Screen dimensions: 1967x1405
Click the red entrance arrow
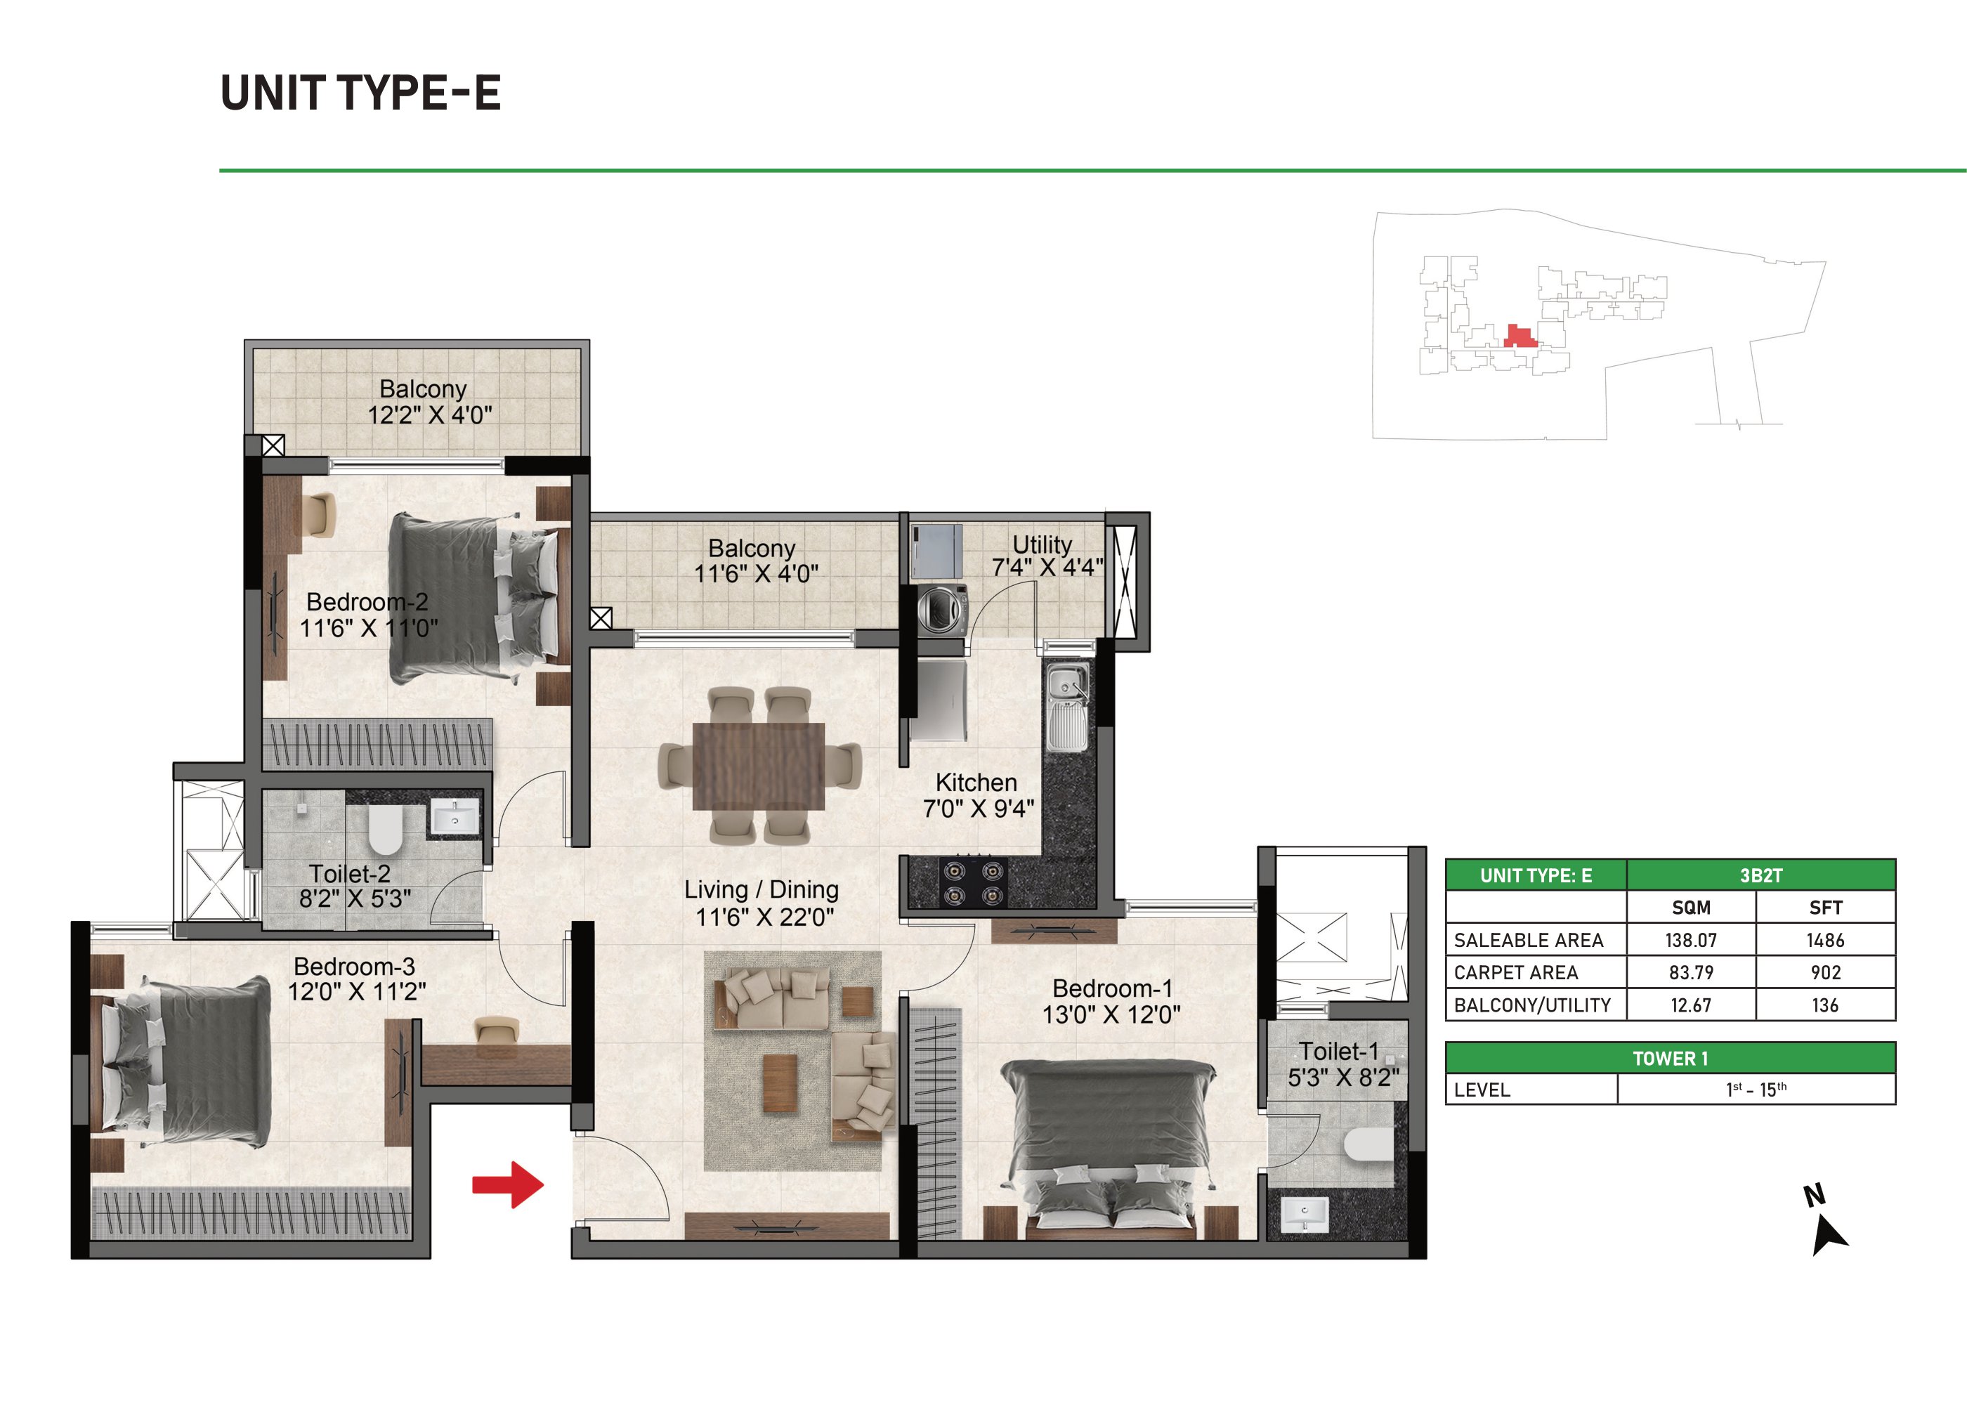508,1184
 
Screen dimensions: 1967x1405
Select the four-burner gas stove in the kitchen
973,882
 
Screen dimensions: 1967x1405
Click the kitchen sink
1067,707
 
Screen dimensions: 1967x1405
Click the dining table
759,766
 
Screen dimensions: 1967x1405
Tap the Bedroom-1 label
1112,988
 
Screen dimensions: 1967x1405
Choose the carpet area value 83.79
1691,972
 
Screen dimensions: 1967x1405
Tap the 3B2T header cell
1760,875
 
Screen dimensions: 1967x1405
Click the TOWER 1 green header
1671,1058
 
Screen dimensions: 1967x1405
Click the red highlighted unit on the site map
1519,336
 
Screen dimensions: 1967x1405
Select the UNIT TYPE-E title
360,93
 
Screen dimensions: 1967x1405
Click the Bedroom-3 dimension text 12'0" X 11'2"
356,991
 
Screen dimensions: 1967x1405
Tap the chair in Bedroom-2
318,515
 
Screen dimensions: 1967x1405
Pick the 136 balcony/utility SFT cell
1825,1005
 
